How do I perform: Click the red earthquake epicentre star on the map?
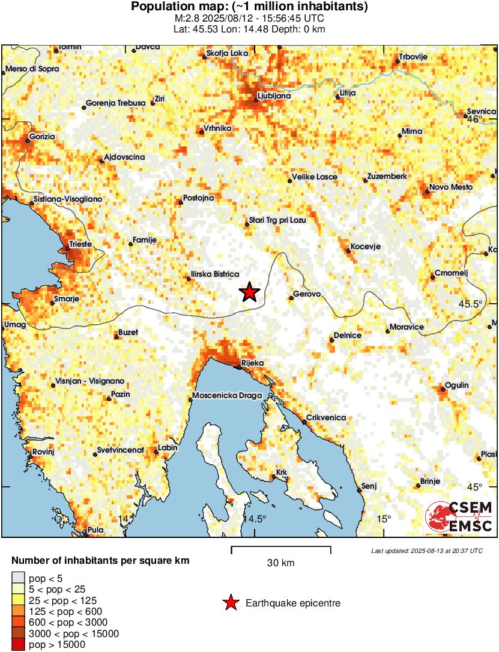[x=249, y=292]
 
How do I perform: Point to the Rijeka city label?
[x=252, y=363]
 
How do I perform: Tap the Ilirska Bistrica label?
[x=214, y=274]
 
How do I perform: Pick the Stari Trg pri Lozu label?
[x=278, y=220]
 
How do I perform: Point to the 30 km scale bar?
[x=281, y=548]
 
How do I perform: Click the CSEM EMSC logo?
[x=459, y=517]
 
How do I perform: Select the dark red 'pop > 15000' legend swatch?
[x=18, y=645]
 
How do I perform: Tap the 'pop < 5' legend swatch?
[x=18, y=578]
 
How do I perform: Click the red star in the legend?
[x=230, y=603]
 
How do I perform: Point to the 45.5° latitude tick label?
[x=470, y=304]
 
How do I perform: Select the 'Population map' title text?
[x=249, y=7]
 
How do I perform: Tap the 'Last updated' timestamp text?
[x=426, y=551]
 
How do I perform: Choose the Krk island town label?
[x=282, y=473]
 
